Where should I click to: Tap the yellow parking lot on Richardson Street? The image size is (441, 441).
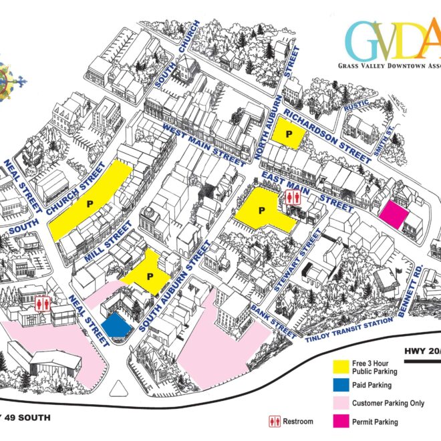pyautogui.click(x=288, y=134)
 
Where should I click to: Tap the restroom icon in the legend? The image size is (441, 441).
pyautogui.click(x=274, y=421)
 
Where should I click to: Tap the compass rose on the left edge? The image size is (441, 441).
pyautogui.click(x=9, y=79)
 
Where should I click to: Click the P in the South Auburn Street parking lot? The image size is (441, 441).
pyautogui.click(x=150, y=275)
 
